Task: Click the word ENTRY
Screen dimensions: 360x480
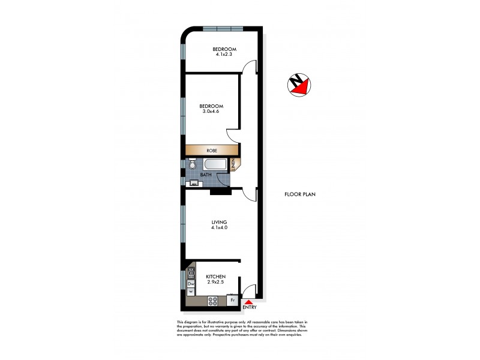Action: (250, 308)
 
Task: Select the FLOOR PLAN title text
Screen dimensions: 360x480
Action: (300, 194)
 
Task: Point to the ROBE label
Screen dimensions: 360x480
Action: (211, 151)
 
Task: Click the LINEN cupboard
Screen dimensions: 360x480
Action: (234, 164)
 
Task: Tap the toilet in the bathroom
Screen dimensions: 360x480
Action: (192, 164)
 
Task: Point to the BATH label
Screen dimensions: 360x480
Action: (206, 175)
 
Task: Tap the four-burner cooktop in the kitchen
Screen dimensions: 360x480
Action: (212, 299)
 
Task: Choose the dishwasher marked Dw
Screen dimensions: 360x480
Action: (191, 283)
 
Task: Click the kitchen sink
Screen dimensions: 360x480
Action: (191, 274)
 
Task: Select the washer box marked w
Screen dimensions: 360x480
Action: (191, 292)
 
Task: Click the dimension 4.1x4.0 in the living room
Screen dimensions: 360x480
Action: (219, 227)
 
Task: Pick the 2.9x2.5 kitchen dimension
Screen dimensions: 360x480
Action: (216, 281)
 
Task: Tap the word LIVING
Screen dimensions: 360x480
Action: (219, 221)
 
